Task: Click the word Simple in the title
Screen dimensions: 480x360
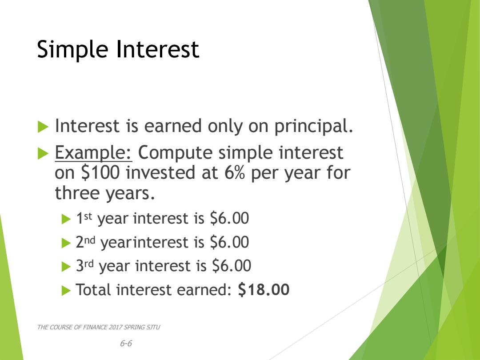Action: [x=72, y=49]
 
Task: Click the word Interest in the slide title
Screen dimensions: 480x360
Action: [x=158, y=49]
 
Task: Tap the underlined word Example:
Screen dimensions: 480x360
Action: [x=93, y=153]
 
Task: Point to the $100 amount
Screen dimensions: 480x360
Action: [x=100, y=172]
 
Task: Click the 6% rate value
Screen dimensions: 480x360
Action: [x=235, y=172]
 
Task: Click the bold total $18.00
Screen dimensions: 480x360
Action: [x=264, y=289]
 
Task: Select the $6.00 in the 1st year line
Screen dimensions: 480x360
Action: [x=229, y=218]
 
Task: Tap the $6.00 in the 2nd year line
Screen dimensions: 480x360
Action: [x=229, y=242]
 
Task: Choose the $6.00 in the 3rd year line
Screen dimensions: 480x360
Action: [x=232, y=265]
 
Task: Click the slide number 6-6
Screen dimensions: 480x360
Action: [x=126, y=343]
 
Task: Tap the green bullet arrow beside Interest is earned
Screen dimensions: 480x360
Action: [x=43, y=127]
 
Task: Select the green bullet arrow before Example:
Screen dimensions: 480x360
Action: [x=43, y=153]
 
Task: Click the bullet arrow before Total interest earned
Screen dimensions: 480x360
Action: [x=66, y=291]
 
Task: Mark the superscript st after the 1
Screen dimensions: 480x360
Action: [x=88, y=216]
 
